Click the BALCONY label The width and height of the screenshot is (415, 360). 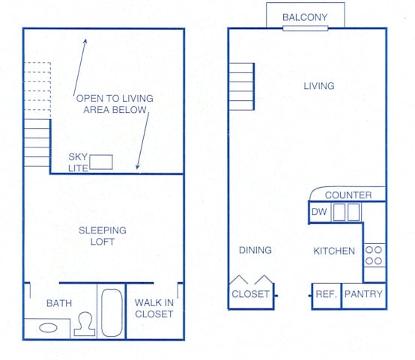click(305, 17)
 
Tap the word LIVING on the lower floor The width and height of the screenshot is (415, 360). click(318, 86)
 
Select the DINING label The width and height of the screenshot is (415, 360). click(255, 250)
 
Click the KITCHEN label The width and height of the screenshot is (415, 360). click(334, 251)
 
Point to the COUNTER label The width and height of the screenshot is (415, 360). click(348, 195)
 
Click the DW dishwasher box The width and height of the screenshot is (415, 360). click(318, 212)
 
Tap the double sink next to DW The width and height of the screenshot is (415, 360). click(346, 212)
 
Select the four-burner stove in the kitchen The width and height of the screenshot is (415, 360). click(374, 256)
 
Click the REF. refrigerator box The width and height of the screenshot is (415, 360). click(326, 295)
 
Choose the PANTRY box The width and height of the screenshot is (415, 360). click(363, 295)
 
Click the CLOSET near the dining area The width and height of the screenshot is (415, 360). click(250, 294)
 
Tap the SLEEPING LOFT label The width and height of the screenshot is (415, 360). click(103, 236)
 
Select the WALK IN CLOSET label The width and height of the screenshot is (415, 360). click(154, 308)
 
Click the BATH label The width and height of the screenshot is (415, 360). click(59, 303)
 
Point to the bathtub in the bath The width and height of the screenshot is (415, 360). click(112, 312)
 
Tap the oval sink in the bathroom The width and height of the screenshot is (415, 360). click(49, 327)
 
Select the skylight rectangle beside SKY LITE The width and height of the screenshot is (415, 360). click(101, 161)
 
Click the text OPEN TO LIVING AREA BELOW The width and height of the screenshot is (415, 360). click(110, 103)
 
